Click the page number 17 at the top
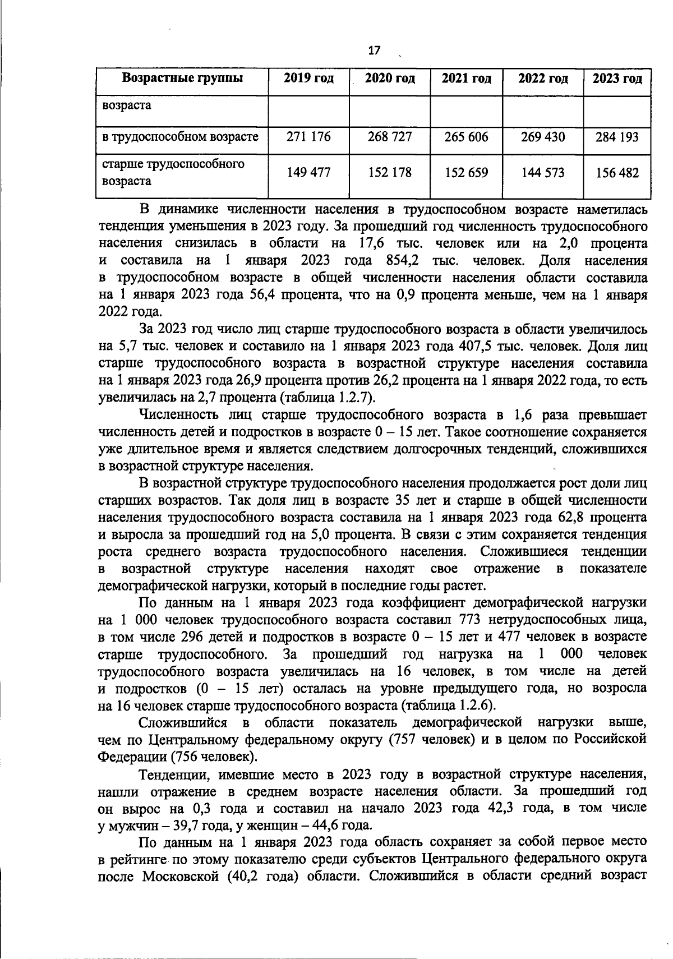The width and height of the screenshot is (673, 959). tap(374, 50)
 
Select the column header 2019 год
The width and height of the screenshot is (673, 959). tap(308, 79)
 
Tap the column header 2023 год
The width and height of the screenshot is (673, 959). tap(617, 79)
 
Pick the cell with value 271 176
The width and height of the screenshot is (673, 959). tap(308, 137)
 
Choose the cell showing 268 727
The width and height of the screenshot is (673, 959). tap(390, 137)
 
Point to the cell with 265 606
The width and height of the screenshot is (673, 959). tap(466, 137)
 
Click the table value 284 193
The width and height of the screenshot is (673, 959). tap(617, 137)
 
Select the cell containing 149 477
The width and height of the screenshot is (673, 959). tap(308, 172)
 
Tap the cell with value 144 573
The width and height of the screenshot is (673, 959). tap(542, 172)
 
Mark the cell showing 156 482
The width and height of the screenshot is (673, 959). tap(617, 172)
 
